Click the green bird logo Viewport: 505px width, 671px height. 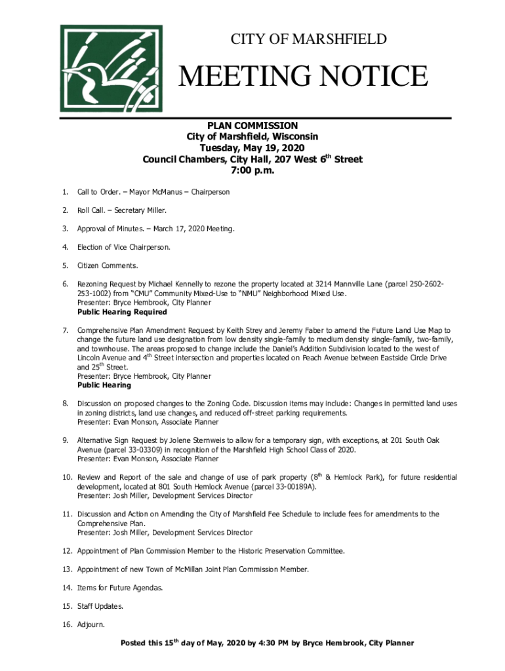[111, 69]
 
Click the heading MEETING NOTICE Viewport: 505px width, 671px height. [304, 77]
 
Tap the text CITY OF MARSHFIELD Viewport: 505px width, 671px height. [308, 39]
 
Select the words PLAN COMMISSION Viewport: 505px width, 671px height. [253, 125]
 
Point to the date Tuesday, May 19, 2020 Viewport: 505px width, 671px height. [253, 148]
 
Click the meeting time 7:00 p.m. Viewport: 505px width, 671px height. [253, 170]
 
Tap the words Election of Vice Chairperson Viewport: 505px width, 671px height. [124, 248]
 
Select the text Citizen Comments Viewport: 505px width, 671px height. [108, 266]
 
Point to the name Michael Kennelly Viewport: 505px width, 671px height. [193, 284]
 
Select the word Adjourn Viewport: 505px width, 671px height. [91, 624]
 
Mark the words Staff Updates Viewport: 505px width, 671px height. [100, 606]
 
